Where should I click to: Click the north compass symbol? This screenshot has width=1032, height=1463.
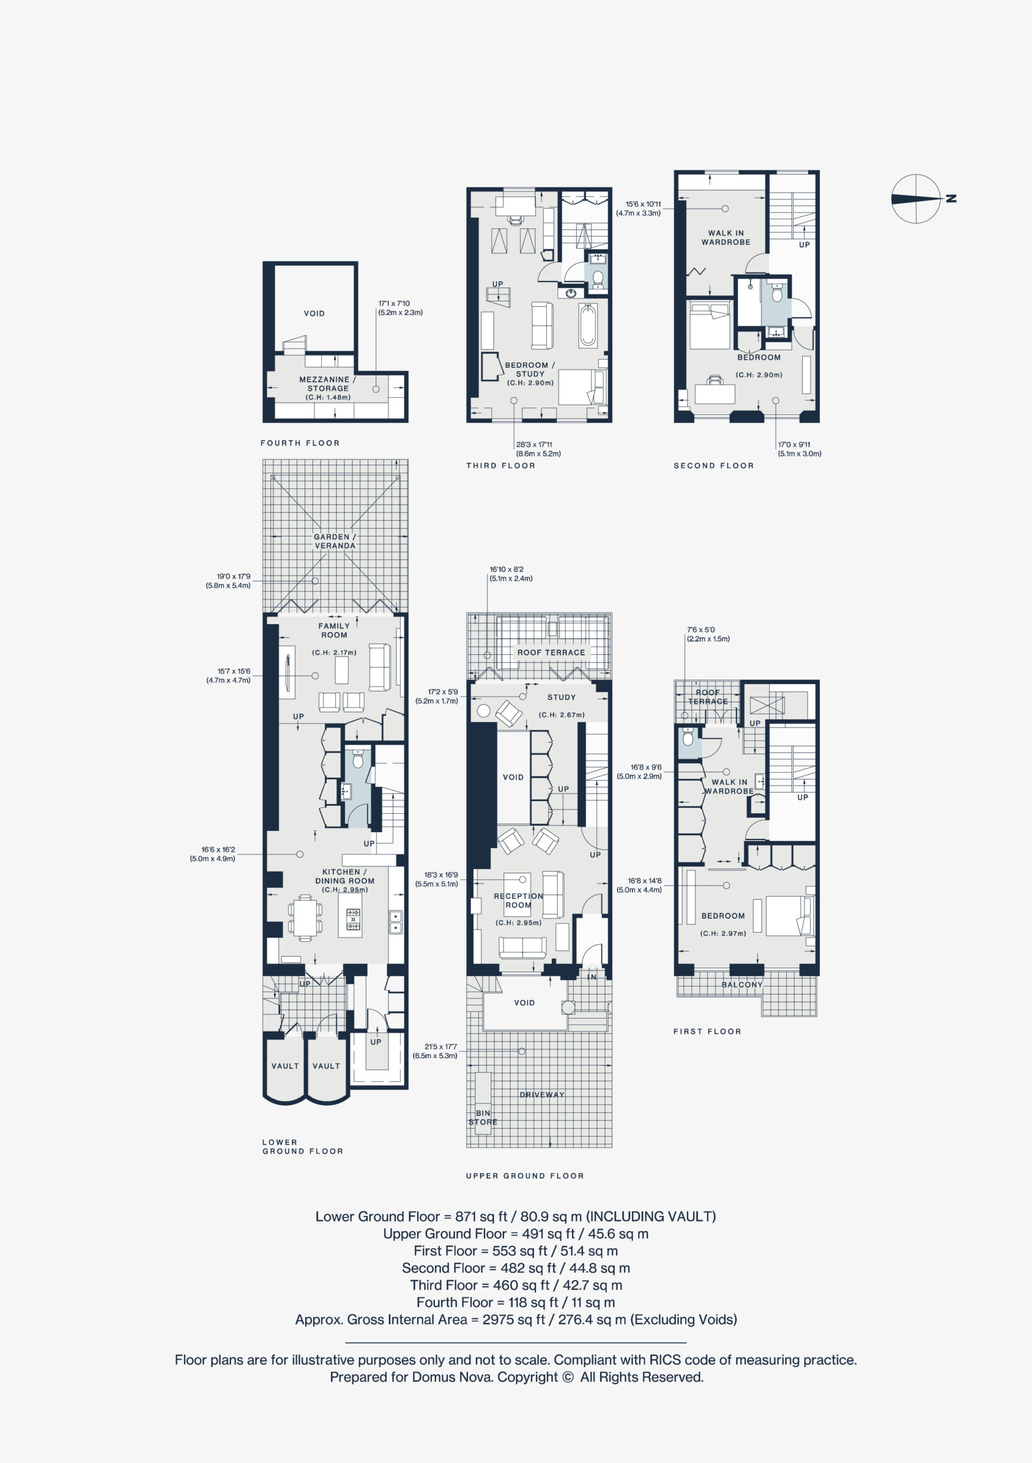(916, 198)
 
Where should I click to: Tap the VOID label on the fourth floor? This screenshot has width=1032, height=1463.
(314, 314)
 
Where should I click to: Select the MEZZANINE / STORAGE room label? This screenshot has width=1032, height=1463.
(328, 383)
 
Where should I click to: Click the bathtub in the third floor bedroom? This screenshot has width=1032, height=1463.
(588, 326)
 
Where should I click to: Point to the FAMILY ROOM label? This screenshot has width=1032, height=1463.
(334, 630)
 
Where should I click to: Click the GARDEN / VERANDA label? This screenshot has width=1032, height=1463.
(335, 541)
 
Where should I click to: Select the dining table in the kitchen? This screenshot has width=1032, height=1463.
(305, 918)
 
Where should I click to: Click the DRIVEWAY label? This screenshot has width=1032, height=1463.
(542, 1095)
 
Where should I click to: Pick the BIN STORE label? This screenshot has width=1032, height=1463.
(483, 1118)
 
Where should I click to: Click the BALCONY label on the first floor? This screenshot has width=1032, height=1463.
(742, 985)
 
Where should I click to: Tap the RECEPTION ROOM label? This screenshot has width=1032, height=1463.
(518, 900)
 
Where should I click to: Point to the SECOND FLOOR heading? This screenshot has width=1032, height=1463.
(714, 466)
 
